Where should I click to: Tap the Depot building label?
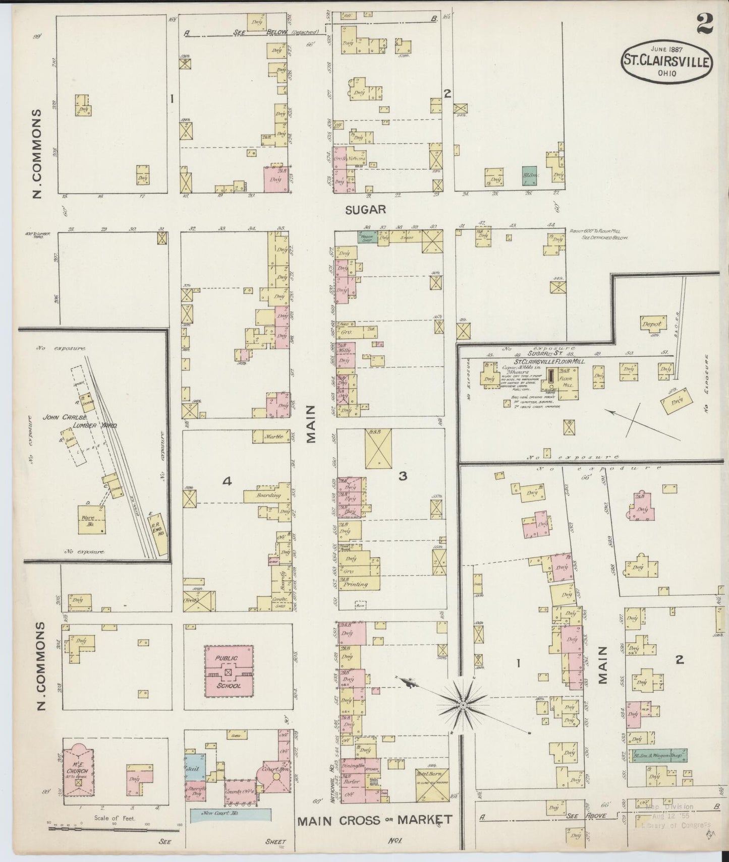(651, 325)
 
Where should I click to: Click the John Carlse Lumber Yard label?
(88, 421)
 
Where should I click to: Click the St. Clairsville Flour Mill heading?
(546, 362)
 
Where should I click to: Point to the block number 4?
(227, 482)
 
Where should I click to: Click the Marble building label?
(273, 437)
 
